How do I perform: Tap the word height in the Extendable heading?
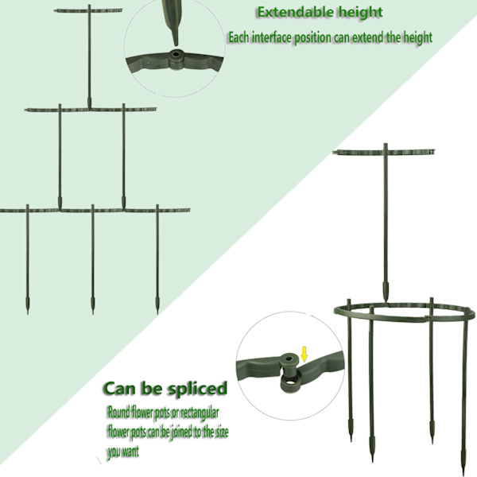coord(361,13)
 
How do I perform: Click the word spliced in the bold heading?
coord(197,389)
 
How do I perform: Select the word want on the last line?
coord(131,452)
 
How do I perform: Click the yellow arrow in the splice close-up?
coord(304,355)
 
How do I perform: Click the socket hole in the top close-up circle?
coord(176,56)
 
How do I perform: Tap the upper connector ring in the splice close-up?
coord(289,359)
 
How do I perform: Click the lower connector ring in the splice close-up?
coord(289,382)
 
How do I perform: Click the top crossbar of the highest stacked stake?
coord(88,10)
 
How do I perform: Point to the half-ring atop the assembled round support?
coord(384,151)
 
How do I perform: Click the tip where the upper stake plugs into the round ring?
coord(386,302)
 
